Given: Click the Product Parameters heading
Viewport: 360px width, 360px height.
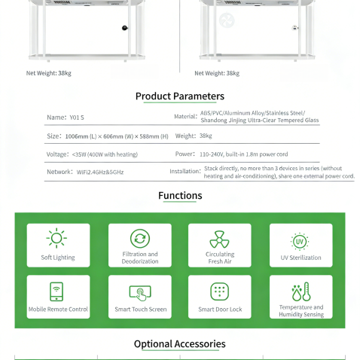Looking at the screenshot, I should point(179,96).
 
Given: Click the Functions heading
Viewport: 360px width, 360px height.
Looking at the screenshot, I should point(180,196).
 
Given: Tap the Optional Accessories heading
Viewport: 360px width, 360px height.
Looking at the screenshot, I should point(179,344).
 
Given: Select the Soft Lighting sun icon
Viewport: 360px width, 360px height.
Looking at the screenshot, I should point(58,239).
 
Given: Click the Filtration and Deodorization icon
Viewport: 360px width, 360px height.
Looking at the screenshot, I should point(139,239).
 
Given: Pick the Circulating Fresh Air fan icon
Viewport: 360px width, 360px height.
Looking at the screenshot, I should point(219,239).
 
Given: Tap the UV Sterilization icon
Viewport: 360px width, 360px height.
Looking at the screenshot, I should point(300,241).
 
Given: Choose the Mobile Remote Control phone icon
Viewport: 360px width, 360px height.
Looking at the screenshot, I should point(58,291).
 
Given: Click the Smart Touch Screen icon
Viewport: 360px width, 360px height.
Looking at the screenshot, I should point(139,291).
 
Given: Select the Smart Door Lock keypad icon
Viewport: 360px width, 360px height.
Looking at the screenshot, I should point(219,291).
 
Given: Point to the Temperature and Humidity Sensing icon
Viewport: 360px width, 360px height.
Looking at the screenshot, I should point(300,291).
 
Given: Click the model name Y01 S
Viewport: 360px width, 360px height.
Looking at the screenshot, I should point(76,117).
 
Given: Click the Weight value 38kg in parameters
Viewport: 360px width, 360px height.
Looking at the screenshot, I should point(206,136).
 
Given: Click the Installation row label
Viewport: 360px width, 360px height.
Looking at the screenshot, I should point(184,172).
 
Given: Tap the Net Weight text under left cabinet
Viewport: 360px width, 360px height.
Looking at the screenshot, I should point(49,73).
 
